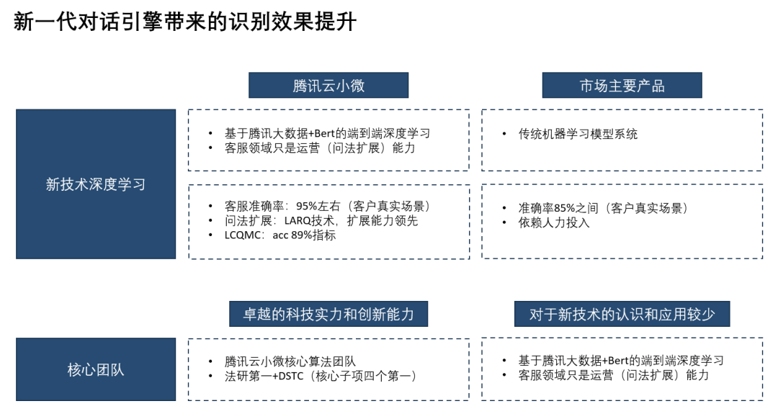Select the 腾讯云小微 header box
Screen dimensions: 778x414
pos(328,86)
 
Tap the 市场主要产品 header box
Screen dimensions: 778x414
pos(622,86)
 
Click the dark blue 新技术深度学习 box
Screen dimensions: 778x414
pos(96,184)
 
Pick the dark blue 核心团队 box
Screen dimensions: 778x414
pos(96,370)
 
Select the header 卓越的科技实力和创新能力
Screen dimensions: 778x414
pos(328,315)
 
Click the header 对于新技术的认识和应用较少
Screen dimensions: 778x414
pos(622,315)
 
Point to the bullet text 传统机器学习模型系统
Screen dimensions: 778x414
pos(578,134)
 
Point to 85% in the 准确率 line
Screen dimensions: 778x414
pos(566,208)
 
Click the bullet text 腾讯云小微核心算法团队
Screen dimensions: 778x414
pos(290,361)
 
